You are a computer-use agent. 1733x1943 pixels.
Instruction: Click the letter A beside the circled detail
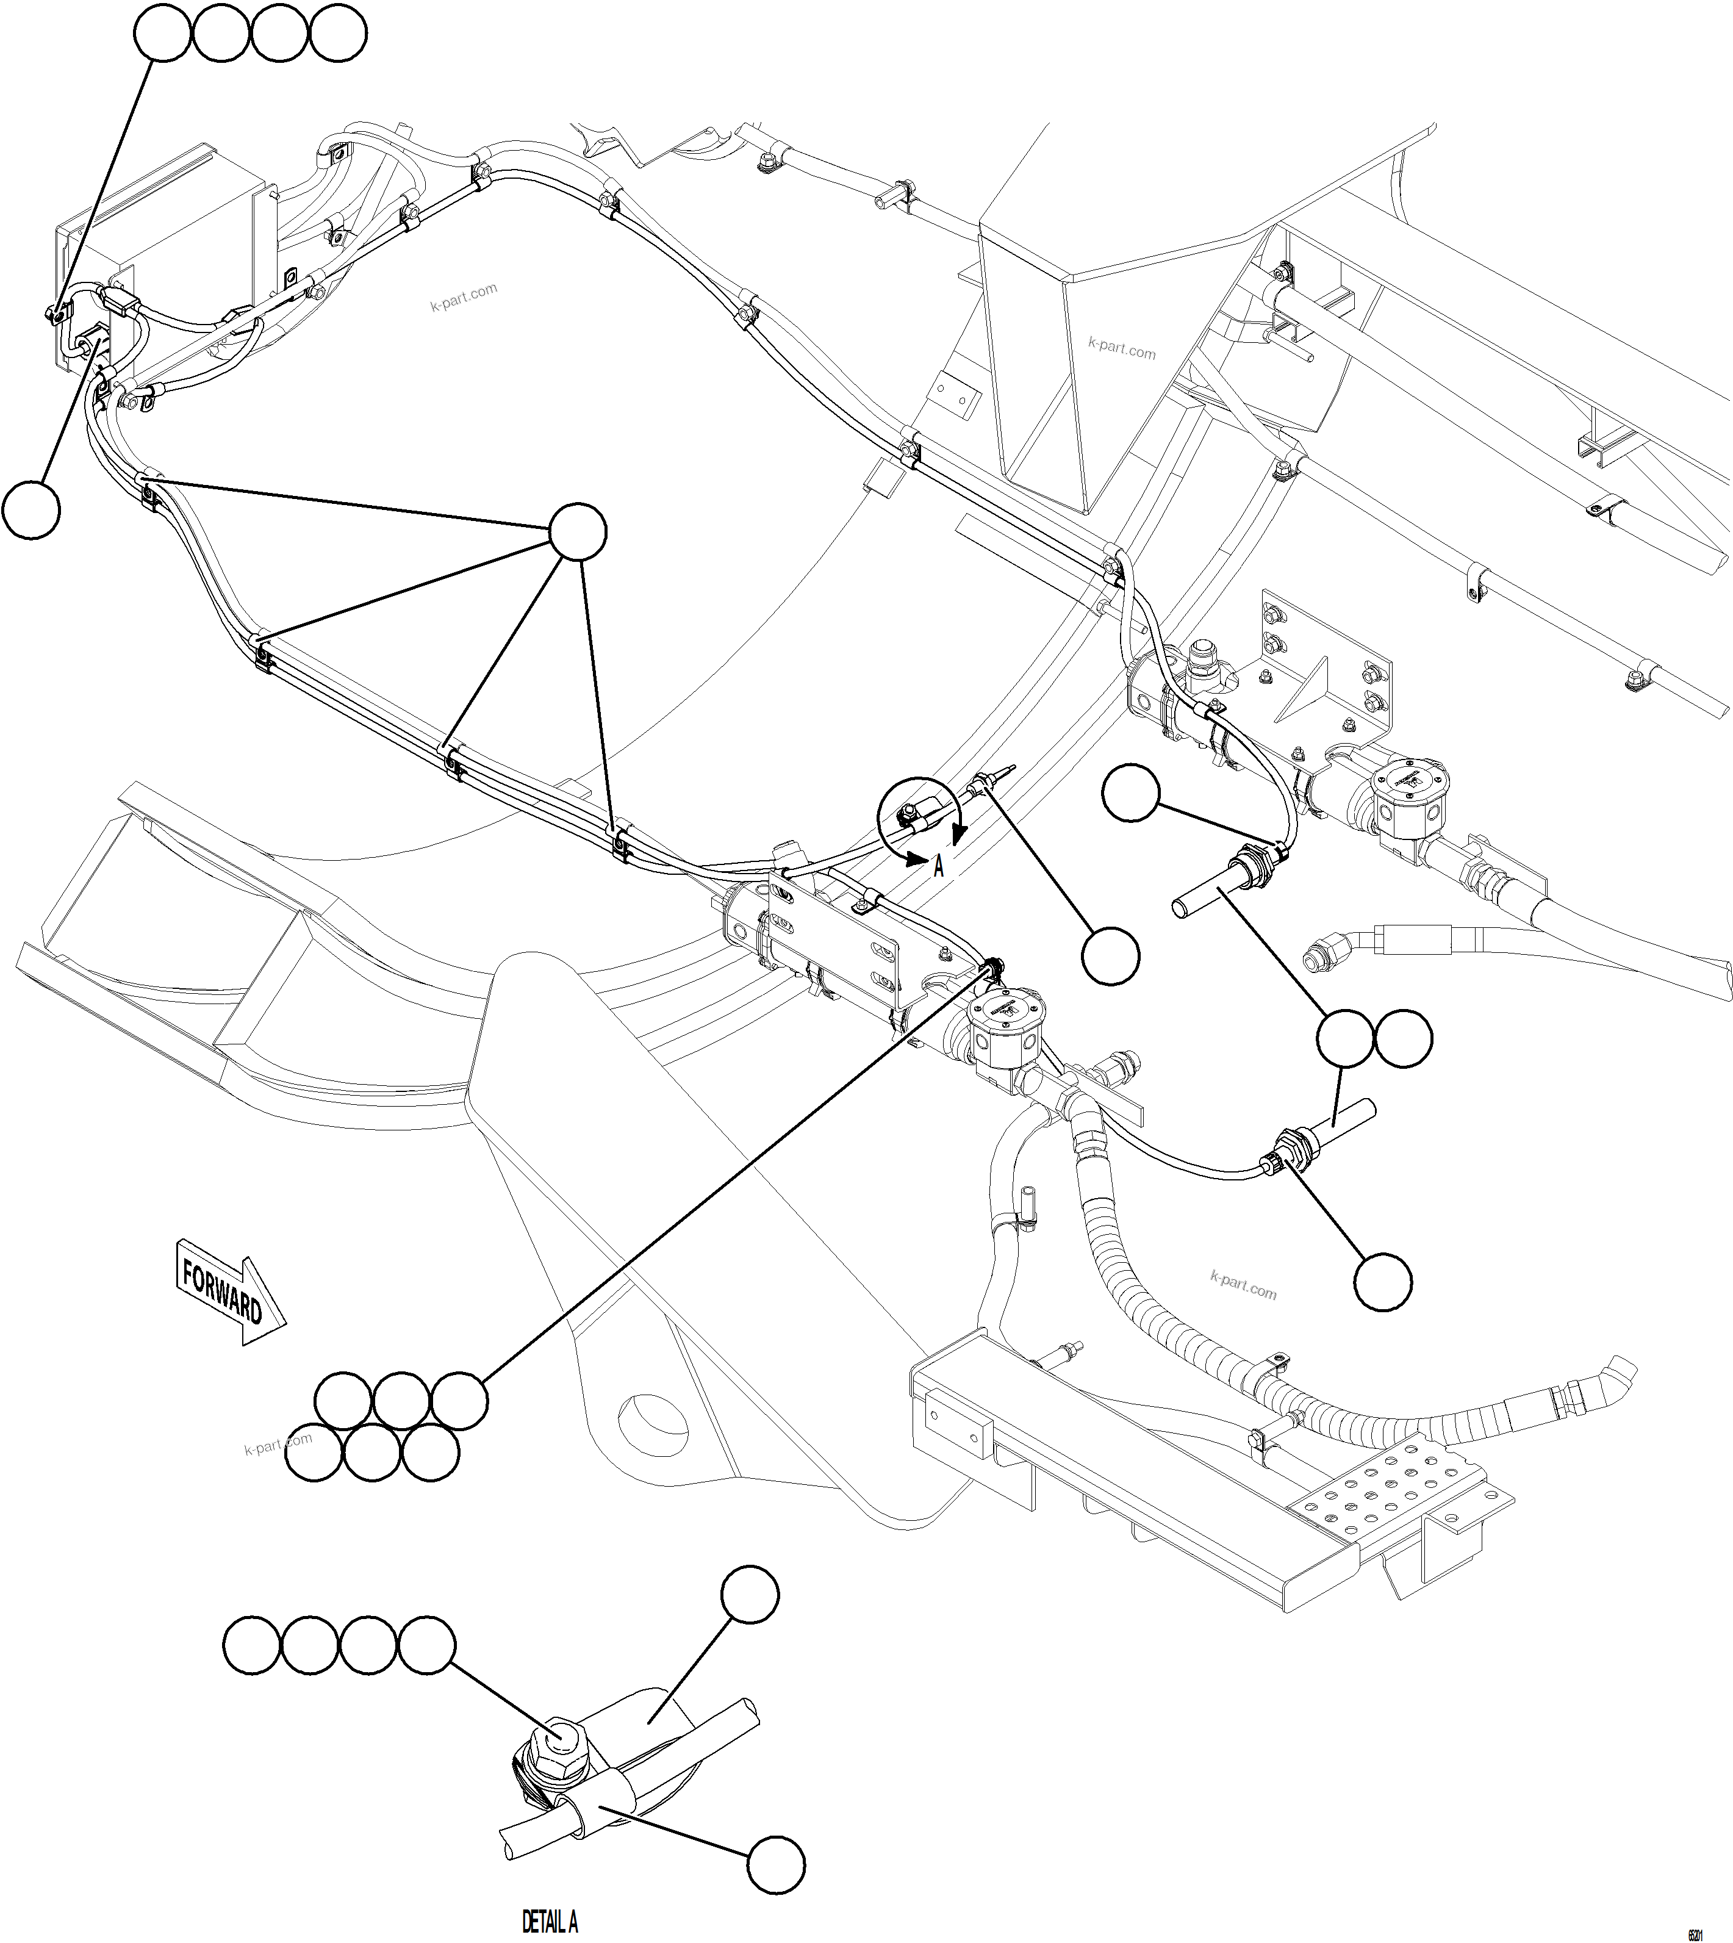point(938,867)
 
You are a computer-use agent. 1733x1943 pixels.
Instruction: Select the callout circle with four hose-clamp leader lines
point(578,533)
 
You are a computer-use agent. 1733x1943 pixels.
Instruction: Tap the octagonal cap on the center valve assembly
point(1005,1013)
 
